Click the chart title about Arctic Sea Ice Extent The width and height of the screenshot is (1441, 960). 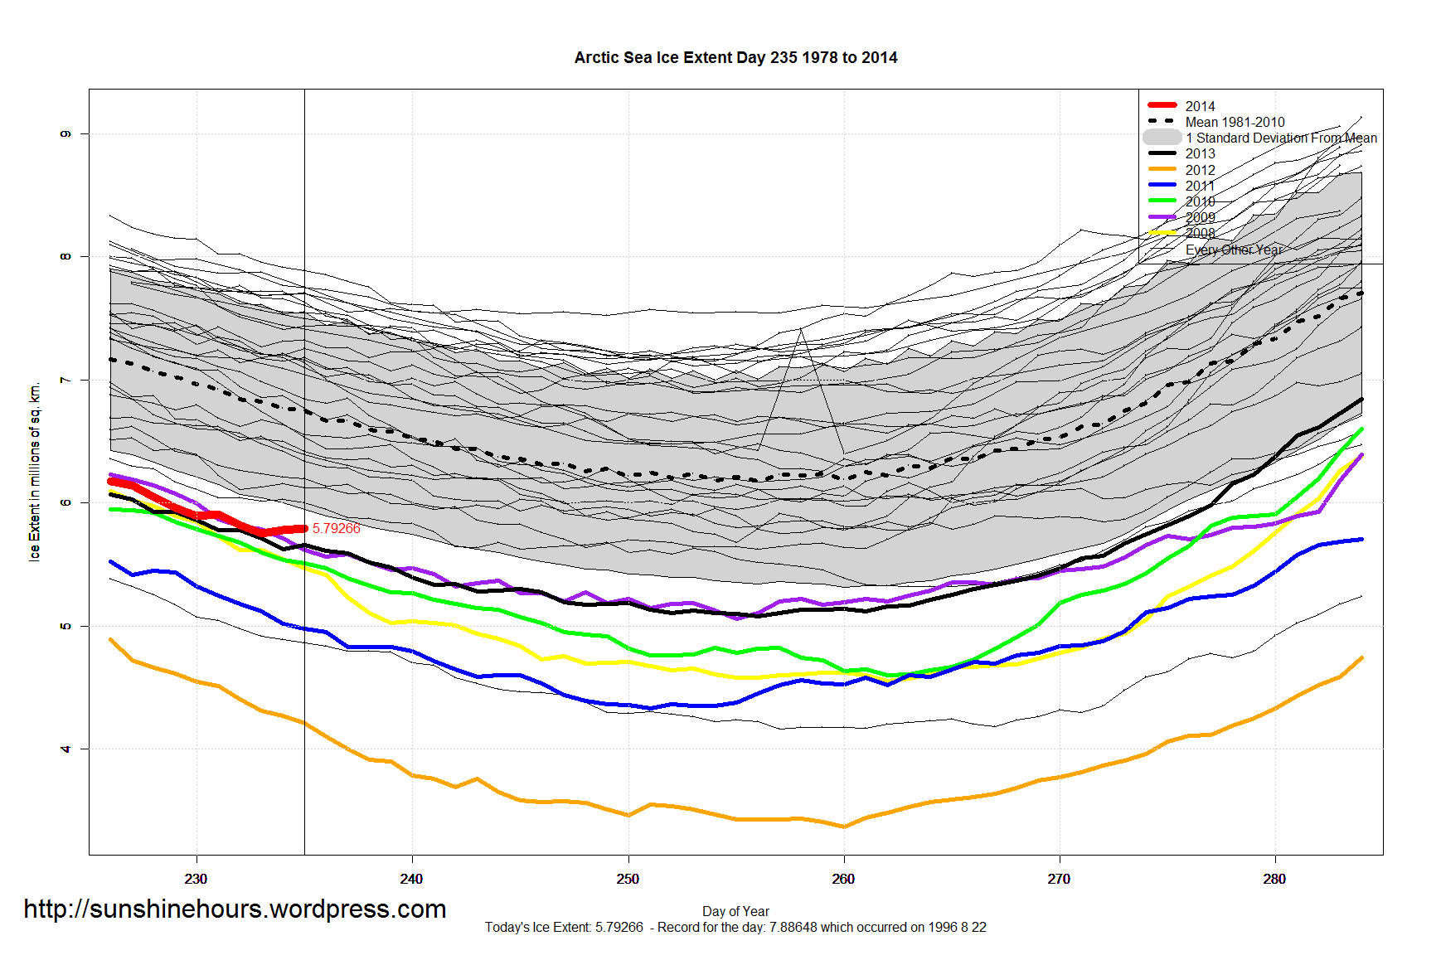point(735,57)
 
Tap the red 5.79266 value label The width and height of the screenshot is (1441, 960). point(336,528)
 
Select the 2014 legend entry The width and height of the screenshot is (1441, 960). point(1199,106)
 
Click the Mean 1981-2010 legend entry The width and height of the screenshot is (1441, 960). point(1234,122)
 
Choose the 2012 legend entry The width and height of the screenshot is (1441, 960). point(1199,170)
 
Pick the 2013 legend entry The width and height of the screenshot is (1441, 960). point(1199,153)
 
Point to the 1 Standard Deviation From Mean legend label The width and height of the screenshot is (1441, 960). point(1281,138)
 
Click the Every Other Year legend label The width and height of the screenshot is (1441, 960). point(1234,250)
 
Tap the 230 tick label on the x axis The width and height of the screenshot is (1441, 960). point(196,879)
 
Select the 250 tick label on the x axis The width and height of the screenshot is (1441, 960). point(628,879)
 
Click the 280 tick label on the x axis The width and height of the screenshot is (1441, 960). point(1274,879)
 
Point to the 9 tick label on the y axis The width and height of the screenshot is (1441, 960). point(65,133)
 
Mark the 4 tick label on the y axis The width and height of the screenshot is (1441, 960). point(65,749)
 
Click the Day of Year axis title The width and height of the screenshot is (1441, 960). point(735,911)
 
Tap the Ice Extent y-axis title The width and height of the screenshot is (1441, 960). point(34,473)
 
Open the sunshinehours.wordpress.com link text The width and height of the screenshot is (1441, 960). point(235,909)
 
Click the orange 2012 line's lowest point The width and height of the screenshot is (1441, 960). point(843,827)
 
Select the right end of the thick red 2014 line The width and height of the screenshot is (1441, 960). point(304,528)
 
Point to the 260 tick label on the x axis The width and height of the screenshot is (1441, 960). point(843,879)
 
